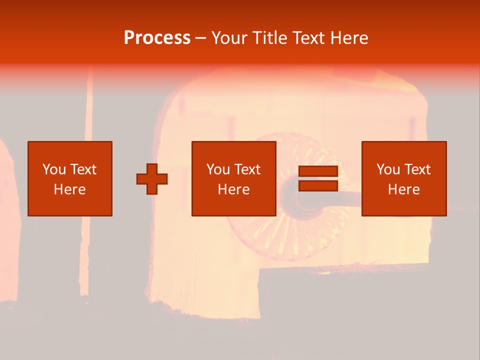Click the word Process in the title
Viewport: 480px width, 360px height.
(157, 38)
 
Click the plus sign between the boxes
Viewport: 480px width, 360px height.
(152, 179)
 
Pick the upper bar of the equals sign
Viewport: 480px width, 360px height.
(318, 171)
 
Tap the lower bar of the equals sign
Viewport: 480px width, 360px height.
(318, 186)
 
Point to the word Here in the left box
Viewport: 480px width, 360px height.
(69, 189)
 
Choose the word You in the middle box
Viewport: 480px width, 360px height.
(218, 169)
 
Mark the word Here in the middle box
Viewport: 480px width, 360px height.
(233, 189)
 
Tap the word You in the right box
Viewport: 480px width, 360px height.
(388, 169)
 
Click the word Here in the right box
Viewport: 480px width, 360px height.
(403, 189)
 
